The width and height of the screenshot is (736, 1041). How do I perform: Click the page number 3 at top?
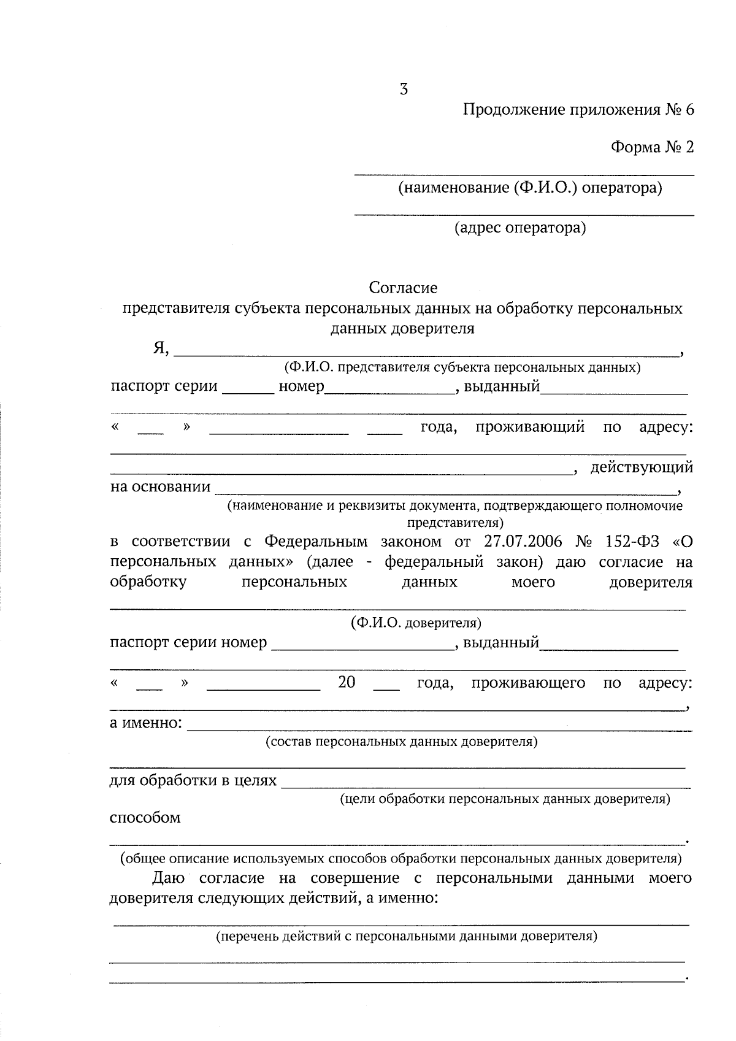click(404, 90)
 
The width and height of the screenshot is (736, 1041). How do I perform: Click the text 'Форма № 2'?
click(652, 148)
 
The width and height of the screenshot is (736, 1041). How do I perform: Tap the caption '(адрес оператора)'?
click(520, 228)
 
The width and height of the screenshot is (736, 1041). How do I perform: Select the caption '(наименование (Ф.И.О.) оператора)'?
click(530, 188)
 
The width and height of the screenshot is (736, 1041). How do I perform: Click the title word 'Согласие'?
click(403, 287)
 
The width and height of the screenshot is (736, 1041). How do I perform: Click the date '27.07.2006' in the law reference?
click(522, 542)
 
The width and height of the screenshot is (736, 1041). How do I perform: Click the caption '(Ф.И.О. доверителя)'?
click(416, 623)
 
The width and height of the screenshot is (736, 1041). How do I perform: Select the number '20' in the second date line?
click(347, 682)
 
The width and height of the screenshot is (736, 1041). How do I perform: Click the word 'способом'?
click(145, 818)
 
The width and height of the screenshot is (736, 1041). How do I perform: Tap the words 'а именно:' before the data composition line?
click(146, 723)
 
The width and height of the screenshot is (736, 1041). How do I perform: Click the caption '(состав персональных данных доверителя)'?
click(402, 742)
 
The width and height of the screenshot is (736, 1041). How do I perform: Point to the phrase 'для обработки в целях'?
click(193, 781)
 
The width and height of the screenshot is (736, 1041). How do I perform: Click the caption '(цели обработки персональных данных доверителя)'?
click(505, 799)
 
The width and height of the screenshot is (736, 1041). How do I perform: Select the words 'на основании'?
click(160, 488)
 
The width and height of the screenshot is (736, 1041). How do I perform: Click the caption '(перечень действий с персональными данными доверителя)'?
click(407, 937)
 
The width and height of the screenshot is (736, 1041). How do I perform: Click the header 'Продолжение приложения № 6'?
click(578, 110)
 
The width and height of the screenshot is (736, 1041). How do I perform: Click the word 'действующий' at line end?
click(642, 468)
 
